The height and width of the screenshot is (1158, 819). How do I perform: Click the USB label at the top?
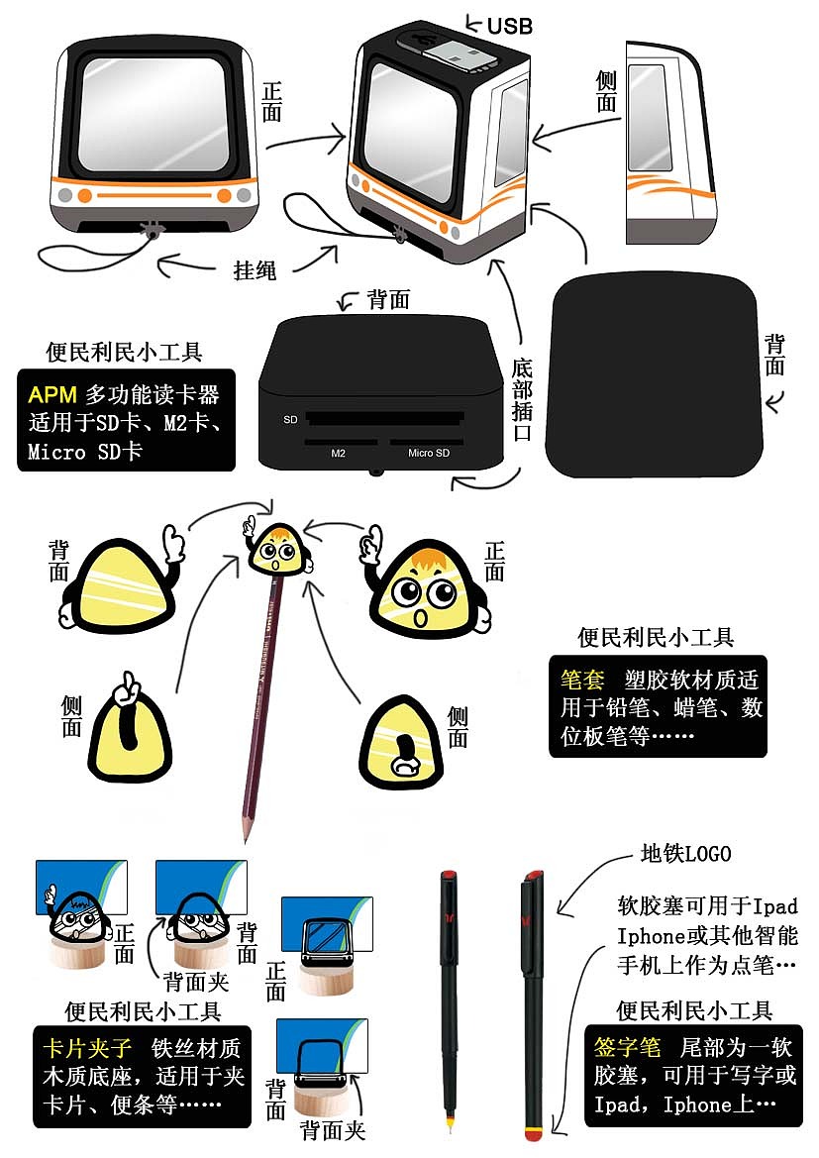tap(509, 26)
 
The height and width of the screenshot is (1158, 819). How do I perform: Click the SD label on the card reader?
tap(290, 419)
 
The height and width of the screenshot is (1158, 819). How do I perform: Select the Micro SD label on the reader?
tap(428, 453)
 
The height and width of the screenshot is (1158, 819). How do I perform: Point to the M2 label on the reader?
tap(338, 453)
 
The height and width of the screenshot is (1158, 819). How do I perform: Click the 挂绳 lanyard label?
tap(255, 270)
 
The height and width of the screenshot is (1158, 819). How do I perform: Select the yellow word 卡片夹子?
tap(87, 1048)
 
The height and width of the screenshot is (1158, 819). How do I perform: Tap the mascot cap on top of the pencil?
tap(278, 549)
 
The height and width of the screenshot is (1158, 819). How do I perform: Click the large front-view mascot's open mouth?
tap(420, 619)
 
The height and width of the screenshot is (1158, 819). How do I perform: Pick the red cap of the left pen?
tap(448, 875)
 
